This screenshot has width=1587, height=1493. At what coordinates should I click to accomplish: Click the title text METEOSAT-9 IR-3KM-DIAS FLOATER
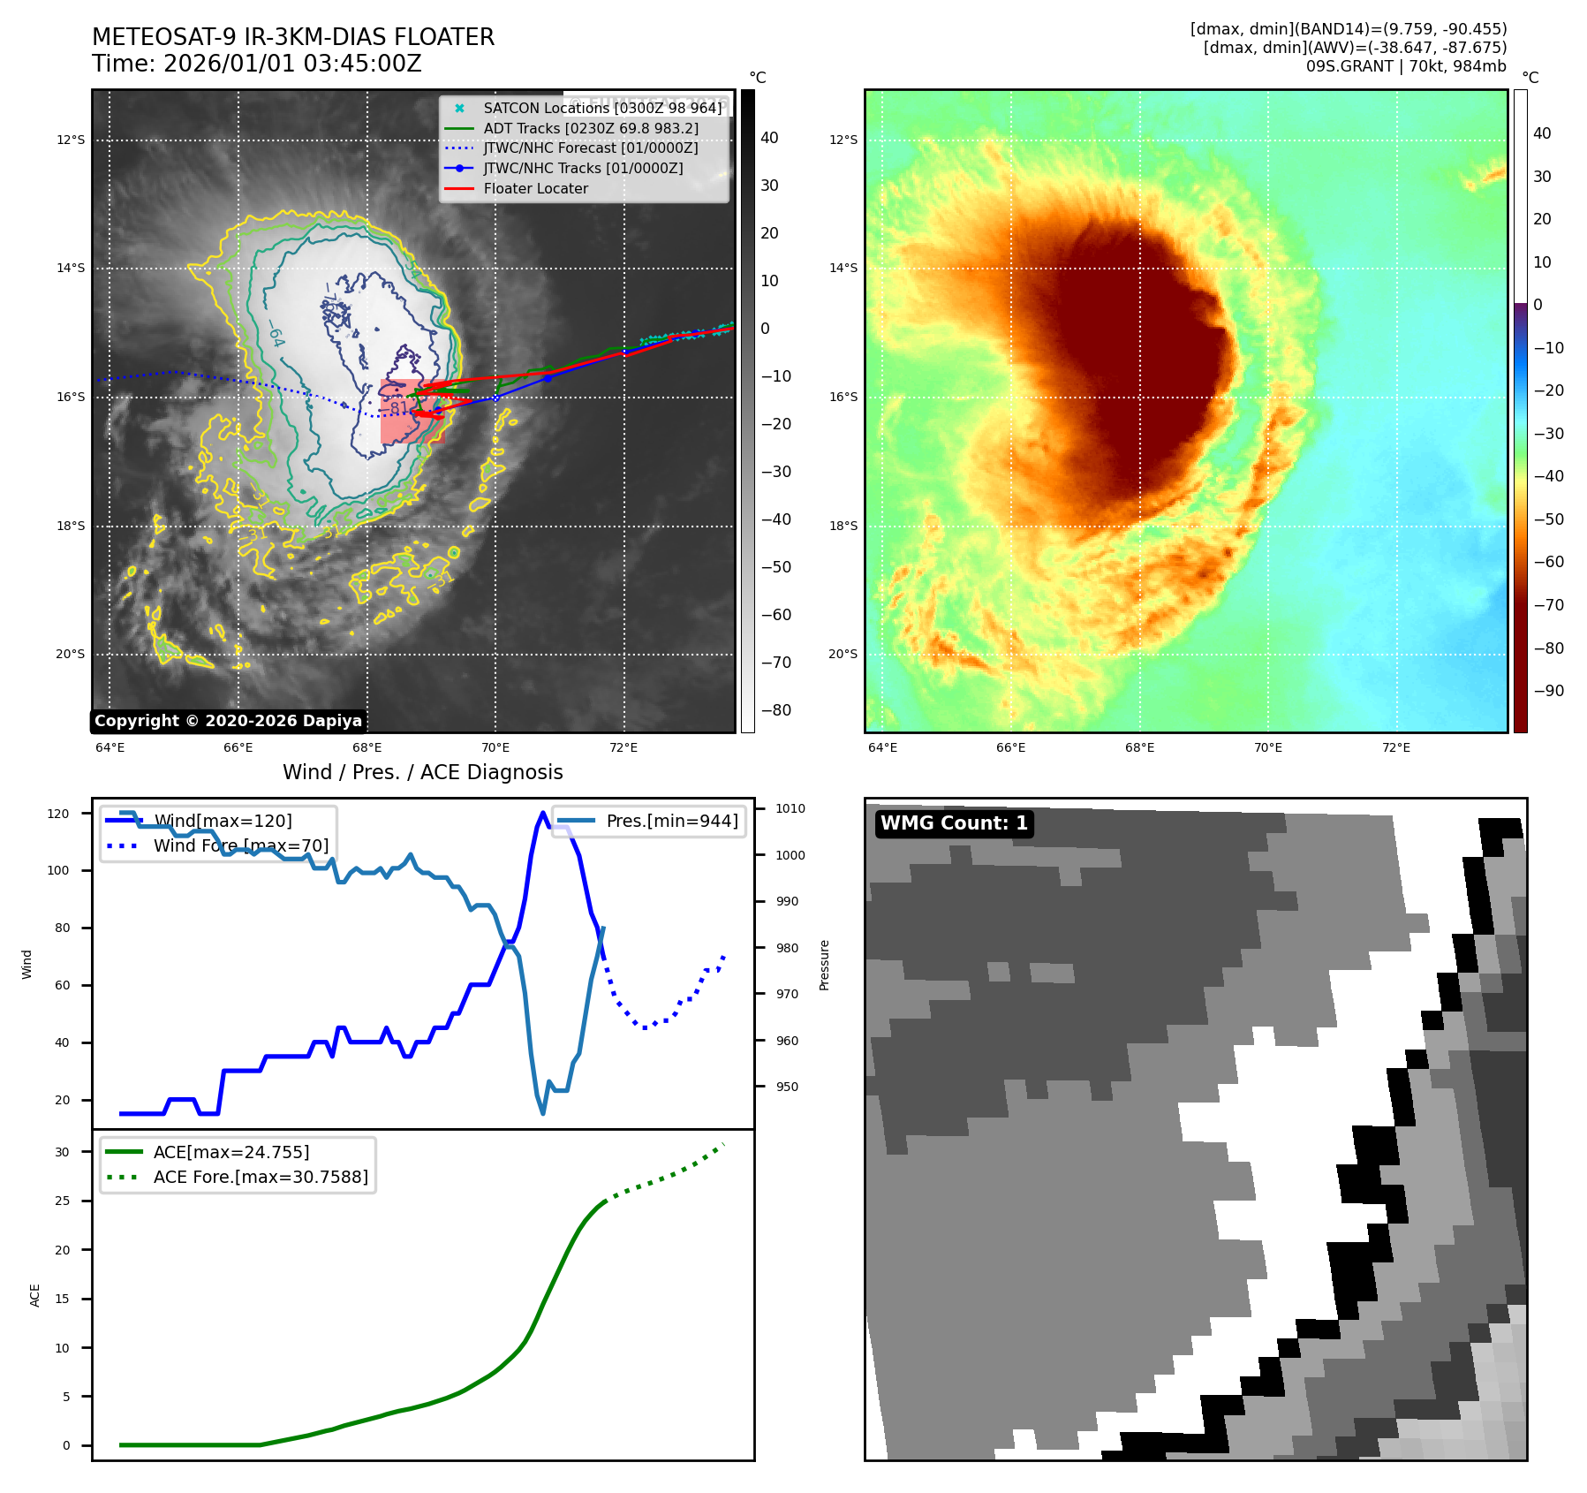293,37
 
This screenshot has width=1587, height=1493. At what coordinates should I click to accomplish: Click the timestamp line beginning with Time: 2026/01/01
257,64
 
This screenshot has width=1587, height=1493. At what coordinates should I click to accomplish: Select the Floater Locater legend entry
535,188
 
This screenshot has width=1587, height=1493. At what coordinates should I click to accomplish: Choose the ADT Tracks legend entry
591,128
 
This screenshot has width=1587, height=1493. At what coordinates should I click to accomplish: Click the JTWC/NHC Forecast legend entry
590,148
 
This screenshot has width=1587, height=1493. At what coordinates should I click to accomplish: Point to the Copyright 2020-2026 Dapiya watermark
228,721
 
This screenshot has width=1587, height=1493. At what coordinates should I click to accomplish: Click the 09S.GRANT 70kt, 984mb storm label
1406,66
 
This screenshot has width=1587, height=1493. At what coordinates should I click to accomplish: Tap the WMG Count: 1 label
954,823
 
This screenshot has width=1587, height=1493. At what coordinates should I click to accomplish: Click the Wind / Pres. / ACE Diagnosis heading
422,772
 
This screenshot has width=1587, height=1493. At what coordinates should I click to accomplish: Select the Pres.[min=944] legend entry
672,821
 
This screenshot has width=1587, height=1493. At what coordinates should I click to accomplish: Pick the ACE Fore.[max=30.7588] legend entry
261,1177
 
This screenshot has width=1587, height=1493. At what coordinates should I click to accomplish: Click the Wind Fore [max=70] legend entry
240,845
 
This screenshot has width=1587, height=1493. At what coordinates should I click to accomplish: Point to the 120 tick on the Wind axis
58,814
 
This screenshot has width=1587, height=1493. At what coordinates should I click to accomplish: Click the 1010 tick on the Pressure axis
790,808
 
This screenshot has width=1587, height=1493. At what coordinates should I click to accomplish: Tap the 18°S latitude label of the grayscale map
71,526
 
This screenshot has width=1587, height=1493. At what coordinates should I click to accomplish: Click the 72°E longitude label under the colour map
1395,747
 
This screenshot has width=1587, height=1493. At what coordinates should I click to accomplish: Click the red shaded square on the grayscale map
412,411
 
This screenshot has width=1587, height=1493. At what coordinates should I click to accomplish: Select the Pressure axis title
824,965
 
